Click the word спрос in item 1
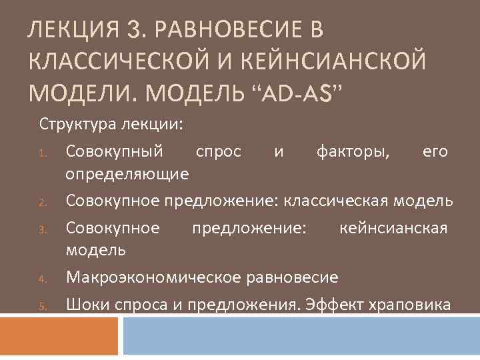(x=218, y=151)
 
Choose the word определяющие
(x=127, y=175)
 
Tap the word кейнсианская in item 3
(x=393, y=228)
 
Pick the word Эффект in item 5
(x=330, y=305)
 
